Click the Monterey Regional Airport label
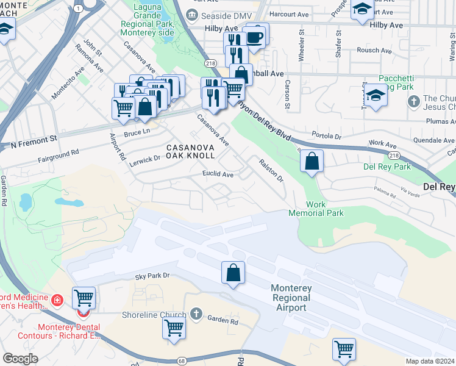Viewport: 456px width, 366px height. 290,298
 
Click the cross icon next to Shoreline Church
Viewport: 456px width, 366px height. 195,314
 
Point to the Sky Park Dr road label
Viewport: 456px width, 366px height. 152,276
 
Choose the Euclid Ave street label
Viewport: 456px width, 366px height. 218,174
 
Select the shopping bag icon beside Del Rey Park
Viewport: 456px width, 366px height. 312,162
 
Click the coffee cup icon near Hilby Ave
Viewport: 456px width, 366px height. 255,37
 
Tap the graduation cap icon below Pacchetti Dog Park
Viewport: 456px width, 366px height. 375,96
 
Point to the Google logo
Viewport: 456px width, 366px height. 20,359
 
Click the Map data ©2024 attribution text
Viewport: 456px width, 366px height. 429,361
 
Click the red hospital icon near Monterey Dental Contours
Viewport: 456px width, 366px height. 56,300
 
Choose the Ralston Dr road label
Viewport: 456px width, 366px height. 271,170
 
